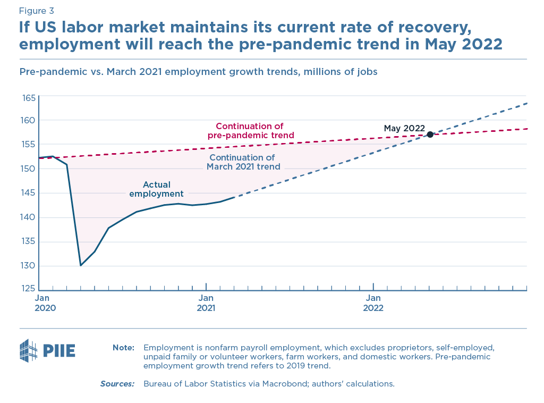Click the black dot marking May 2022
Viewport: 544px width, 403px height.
click(x=430, y=134)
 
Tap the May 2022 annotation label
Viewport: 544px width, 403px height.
click(x=404, y=128)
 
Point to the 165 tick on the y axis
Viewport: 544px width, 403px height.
click(x=28, y=98)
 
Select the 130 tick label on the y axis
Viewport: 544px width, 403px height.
click(x=28, y=266)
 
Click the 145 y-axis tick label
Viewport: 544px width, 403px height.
click(x=28, y=193)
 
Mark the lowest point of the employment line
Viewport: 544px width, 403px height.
click(x=81, y=265)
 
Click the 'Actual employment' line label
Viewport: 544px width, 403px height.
click(x=156, y=189)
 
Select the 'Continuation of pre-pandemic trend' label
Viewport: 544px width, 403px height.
click(x=250, y=131)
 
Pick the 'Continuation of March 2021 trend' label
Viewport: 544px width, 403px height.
click(x=242, y=162)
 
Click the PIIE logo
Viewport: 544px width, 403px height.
click(x=47, y=350)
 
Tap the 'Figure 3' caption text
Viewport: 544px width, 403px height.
click(x=36, y=11)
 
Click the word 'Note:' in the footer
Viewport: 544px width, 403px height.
click(x=123, y=348)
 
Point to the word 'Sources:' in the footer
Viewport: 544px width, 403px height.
click(x=117, y=383)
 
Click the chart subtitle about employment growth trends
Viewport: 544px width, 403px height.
click(x=198, y=71)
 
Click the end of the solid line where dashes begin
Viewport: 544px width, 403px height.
click(x=234, y=197)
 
